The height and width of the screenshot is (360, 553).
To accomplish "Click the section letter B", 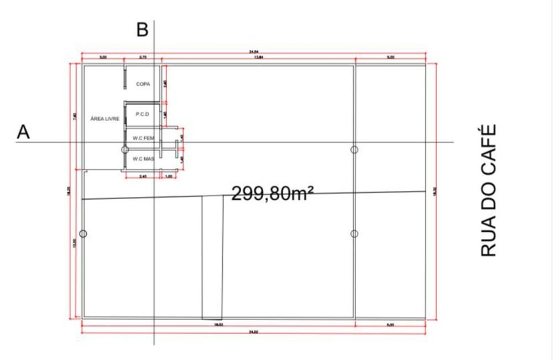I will (x=142, y=30).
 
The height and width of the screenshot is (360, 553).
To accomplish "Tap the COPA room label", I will (x=143, y=84).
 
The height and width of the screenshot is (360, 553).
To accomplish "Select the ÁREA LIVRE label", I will (x=105, y=118).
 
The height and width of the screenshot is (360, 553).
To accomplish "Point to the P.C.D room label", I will (x=143, y=114).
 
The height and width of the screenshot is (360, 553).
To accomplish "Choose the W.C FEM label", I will (x=143, y=138).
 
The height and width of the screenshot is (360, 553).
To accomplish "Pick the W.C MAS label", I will (x=143, y=159).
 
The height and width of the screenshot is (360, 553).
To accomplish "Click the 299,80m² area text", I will (x=273, y=193).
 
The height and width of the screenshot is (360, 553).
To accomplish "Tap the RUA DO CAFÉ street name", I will (x=487, y=190).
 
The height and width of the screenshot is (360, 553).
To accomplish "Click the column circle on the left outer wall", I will (x=83, y=234).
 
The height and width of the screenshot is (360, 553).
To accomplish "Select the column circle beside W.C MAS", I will (x=125, y=149).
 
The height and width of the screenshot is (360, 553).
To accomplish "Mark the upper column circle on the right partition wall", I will (x=354, y=149).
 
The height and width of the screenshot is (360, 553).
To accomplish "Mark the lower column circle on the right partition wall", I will (x=354, y=234).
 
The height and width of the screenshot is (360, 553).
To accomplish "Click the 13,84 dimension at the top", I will (x=258, y=58).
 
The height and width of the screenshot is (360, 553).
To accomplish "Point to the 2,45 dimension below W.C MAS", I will (x=143, y=176).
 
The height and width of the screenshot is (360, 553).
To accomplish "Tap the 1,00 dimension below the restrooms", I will (x=169, y=176).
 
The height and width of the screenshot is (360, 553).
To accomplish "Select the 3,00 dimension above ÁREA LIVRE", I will (x=103, y=58).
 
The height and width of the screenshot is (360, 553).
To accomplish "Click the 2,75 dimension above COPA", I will (x=143, y=58).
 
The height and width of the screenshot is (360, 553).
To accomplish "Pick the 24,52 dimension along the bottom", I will (x=253, y=332).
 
